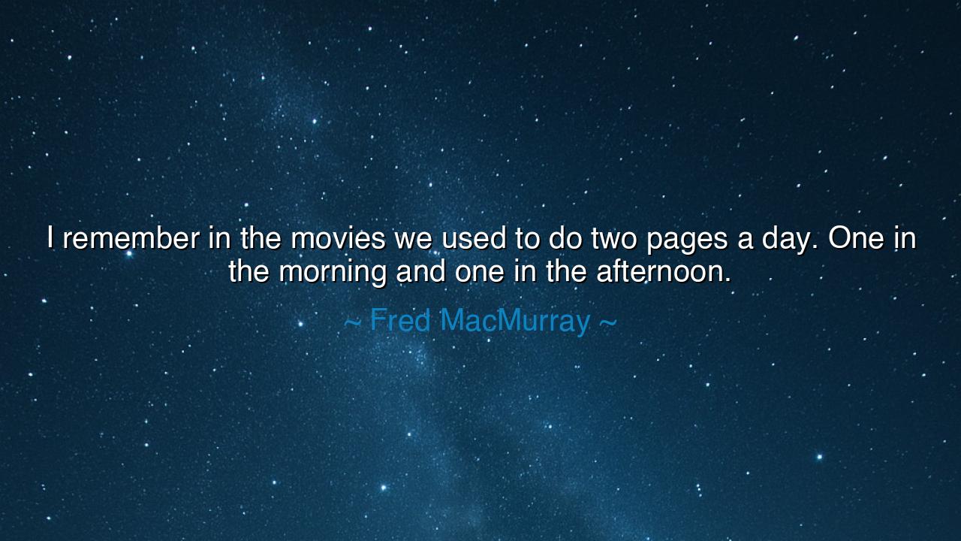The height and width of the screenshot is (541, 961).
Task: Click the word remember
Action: [131, 239]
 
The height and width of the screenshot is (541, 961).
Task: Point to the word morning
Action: [333, 272]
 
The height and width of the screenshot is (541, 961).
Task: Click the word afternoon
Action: [664, 271]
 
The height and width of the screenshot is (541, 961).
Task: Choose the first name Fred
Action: [400, 321]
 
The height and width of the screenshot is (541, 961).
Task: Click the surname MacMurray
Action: [515, 321]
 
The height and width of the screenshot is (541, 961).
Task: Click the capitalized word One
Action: [857, 239]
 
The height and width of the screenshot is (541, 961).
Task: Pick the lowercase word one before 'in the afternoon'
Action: [480, 272]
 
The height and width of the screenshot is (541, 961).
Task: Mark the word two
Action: [614, 239]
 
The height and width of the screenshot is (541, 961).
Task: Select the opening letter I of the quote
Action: [51, 239]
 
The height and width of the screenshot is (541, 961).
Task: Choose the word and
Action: [421, 271]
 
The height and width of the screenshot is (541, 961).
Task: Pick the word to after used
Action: [528, 239]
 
